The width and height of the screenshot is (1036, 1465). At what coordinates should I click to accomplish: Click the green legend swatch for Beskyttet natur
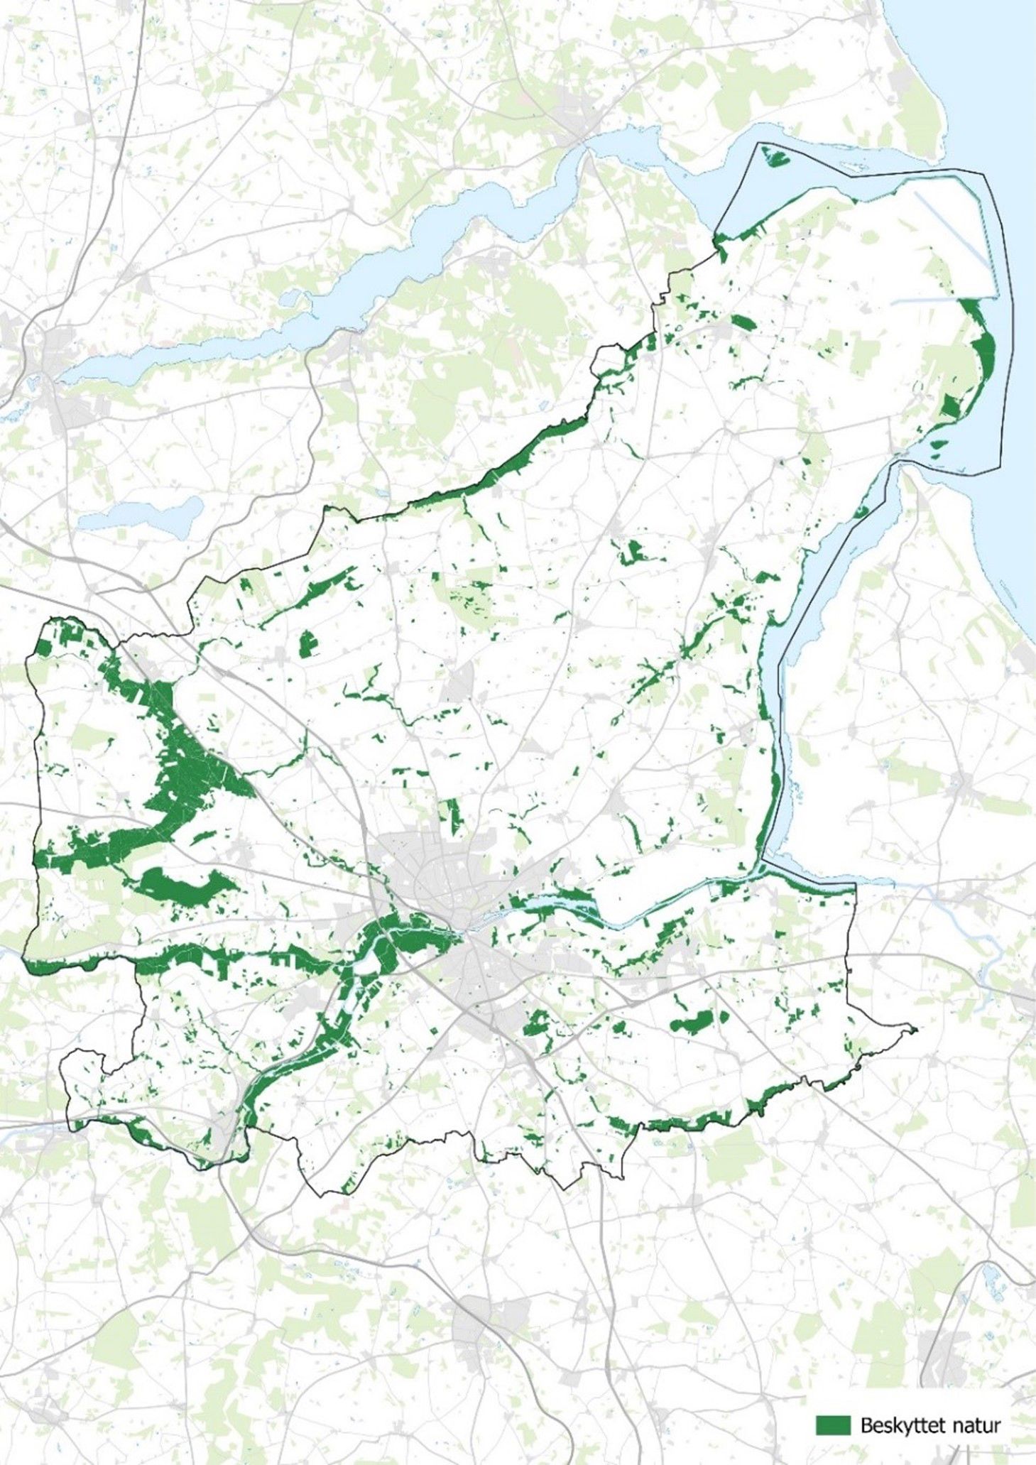click(x=833, y=1424)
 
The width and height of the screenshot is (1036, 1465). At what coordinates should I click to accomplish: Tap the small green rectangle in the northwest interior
click(x=307, y=644)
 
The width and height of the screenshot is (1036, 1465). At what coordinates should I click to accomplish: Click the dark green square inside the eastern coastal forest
click(x=951, y=407)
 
